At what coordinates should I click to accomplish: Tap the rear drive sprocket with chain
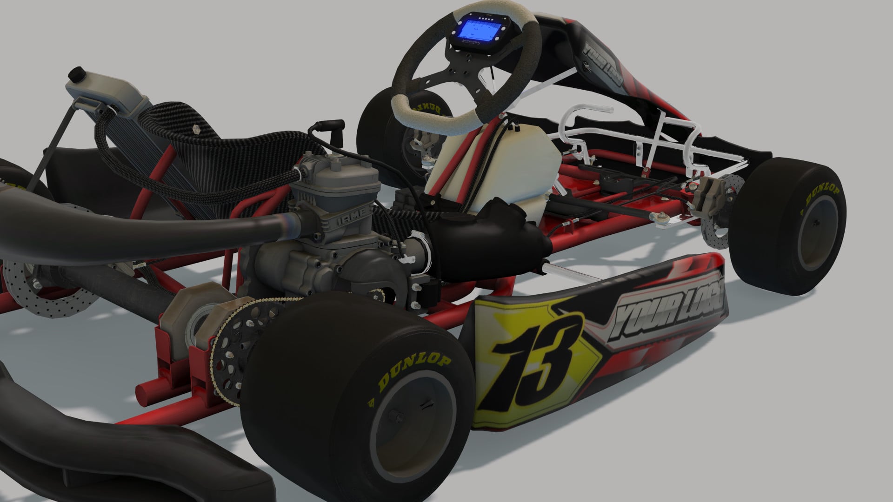coord(233,344)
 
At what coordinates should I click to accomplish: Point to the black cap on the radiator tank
coord(76,75)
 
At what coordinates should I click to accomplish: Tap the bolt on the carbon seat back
coord(196,129)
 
